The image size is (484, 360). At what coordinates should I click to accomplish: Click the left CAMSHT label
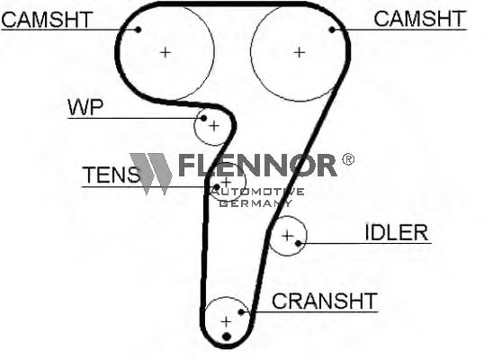point(47,20)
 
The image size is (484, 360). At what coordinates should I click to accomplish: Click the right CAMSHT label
point(419,19)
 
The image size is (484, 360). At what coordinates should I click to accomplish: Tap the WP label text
point(85,107)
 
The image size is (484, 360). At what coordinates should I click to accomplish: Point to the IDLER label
point(397,232)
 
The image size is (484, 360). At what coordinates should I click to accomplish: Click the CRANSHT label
point(325,301)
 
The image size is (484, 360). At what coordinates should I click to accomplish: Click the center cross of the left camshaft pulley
point(166,52)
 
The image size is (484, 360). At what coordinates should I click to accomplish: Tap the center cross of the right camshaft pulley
point(299,52)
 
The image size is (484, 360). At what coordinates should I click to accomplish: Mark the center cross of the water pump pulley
point(214,126)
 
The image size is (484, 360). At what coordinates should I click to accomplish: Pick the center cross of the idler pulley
point(287,236)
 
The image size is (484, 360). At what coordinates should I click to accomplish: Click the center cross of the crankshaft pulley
point(227,321)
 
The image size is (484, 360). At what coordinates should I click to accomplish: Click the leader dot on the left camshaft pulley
point(139,30)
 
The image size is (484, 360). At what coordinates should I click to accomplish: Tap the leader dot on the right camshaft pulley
point(332,30)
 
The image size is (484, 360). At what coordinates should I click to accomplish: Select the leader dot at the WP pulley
point(203,118)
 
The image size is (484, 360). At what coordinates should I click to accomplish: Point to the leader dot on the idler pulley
point(298,243)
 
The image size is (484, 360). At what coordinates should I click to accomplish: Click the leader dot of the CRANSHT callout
point(241,312)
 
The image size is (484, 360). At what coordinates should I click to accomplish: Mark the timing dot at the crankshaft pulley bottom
point(227,337)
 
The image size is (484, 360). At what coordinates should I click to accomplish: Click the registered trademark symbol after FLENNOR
point(348,159)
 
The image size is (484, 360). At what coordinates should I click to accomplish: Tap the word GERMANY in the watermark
point(256,202)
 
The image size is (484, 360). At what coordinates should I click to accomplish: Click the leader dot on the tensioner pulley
point(217,187)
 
